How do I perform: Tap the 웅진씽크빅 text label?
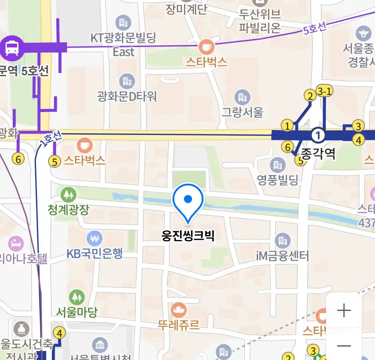pyautogui.click(x=188, y=235)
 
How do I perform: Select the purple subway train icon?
pyautogui.click(x=12, y=48)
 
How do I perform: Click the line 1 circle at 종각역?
pyautogui.click(x=318, y=135)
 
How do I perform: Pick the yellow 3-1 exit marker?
pyautogui.click(x=324, y=91)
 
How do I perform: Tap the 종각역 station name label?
pyautogui.click(x=318, y=153)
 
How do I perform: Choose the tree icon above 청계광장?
pyautogui.click(x=68, y=194)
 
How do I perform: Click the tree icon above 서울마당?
pyautogui.click(x=77, y=297)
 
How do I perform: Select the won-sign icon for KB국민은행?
pyautogui.click(x=95, y=239)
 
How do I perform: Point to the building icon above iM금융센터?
pyautogui.click(x=283, y=240)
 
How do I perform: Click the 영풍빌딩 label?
pyautogui.click(x=277, y=180)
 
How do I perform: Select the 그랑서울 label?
pyautogui.click(x=242, y=112)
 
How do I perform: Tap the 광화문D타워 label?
pyautogui.click(x=127, y=97)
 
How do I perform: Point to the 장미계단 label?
pyautogui.click(x=186, y=9)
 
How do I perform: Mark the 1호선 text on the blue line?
pyautogui.click(x=51, y=139)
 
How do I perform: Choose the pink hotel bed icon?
pyautogui.click(x=16, y=244)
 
